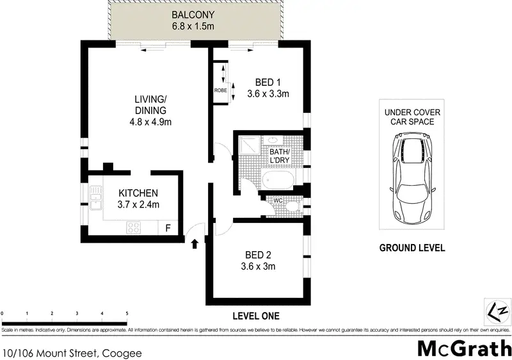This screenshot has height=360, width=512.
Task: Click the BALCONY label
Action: coord(193,15)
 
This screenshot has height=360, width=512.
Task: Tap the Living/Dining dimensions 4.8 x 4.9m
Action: coord(150,122)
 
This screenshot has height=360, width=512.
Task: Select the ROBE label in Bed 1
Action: coord(220,90)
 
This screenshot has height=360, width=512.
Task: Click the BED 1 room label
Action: coord(268,83)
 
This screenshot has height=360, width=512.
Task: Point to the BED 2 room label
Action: coord(258,255)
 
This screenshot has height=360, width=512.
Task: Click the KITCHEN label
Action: coord(138,193)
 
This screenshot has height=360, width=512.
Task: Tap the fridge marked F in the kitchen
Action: coord(168,227)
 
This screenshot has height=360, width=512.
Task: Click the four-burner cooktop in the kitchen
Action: coord(134,227)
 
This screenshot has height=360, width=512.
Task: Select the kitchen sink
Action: coord(95,199)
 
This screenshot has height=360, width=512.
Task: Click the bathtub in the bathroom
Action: coord(278,179)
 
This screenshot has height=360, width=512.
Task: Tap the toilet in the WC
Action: coord(292,206)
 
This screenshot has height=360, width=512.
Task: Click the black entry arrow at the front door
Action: coord(195,243)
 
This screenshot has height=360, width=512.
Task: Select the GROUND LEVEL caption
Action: coord(412,248)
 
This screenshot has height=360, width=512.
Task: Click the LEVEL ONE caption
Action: coord(256,316)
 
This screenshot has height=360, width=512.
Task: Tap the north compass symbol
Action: coord(497,311)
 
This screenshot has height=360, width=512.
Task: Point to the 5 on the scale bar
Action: coord(127,314)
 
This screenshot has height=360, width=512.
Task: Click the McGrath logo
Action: coord(465,348)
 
